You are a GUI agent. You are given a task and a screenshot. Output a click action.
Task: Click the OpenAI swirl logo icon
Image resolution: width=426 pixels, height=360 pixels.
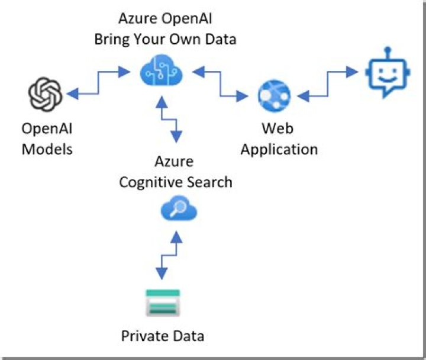[x=46, y=95]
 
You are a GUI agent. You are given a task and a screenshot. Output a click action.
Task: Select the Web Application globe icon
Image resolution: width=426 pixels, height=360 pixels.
[x=274, y=95]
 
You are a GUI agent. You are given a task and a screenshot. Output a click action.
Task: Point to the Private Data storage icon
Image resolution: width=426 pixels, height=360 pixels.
[x=163, y=303]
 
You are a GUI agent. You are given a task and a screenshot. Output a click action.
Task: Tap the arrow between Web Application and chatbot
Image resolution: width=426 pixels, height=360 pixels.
[x=328, y=83]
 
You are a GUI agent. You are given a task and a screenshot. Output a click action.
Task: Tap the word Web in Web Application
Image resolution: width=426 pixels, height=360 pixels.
[x=278, y=128]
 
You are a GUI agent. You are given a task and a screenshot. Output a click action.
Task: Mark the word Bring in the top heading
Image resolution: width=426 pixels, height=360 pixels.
[x=114, y=40]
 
